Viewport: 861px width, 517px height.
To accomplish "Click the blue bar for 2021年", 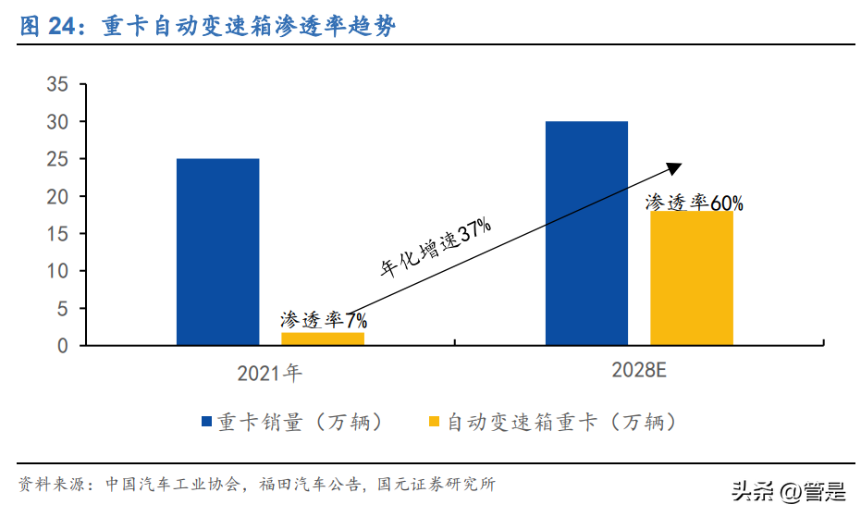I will pos(217,252).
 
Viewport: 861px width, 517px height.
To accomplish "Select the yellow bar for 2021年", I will pos(323,339).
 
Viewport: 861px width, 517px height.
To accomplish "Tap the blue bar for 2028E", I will pos(586,233).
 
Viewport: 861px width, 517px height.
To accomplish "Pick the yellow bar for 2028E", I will pos(691,277).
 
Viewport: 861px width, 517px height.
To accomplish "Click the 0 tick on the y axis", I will pos(63,346).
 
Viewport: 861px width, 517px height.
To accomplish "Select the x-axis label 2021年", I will pos(269,374).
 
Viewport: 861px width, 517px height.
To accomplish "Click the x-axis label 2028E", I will pos(639,372).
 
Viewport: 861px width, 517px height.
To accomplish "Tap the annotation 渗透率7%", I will pos(324,320).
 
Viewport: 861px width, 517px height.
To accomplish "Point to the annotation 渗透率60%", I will pos(694,203).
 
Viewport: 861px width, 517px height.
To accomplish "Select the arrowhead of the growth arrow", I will pos(675,167).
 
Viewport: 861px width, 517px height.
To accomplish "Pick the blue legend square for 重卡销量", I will pos(207,423).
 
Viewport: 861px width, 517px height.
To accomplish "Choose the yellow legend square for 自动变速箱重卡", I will pos(435,423).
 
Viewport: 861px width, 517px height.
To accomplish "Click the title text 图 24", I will pos(46,28).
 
